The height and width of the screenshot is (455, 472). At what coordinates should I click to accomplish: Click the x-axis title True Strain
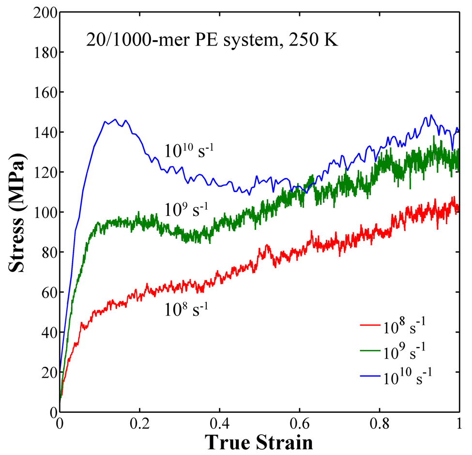[259, 442]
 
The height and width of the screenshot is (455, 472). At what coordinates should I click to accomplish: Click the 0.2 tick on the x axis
[139, 424]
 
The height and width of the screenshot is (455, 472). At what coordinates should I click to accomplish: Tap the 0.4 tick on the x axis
[219, 424]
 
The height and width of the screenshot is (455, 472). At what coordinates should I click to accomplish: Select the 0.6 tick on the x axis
[299, 424]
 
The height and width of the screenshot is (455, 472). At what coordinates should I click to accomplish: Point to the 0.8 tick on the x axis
[379, 424]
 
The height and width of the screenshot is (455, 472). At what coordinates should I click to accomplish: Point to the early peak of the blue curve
[115, 119]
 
